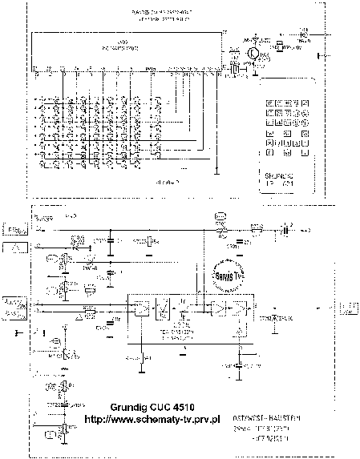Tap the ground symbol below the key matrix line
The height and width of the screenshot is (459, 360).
(218, 171)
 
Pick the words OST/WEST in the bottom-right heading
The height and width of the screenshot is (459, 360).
(254, 416)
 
